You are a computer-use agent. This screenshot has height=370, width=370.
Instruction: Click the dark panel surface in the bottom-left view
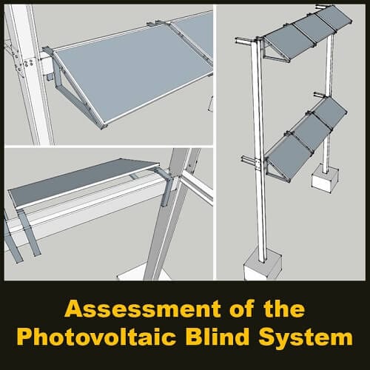(x=81, y=185)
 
